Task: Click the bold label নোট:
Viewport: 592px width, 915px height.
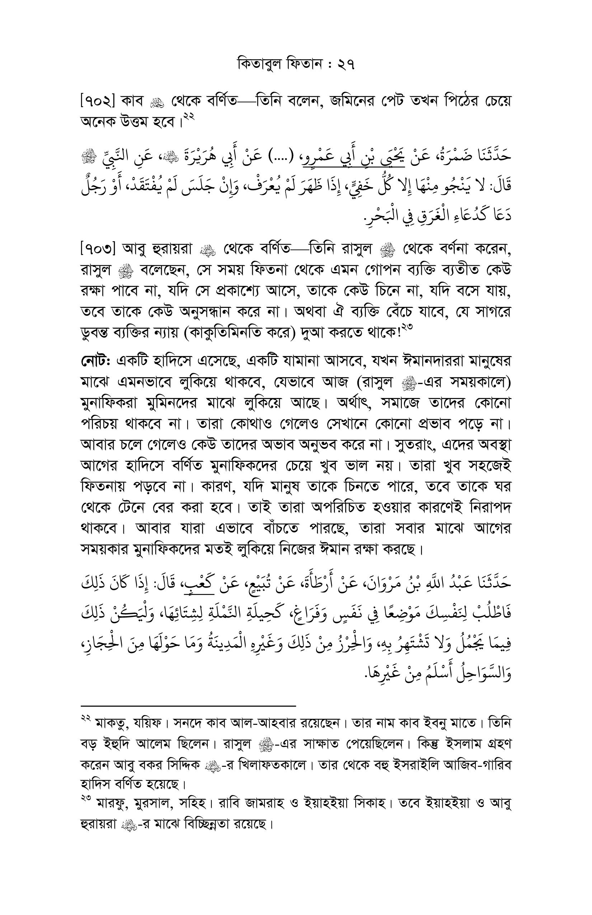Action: [x=96, y=361]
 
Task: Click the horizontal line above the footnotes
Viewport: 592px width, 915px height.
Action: [x=188, y=706]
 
